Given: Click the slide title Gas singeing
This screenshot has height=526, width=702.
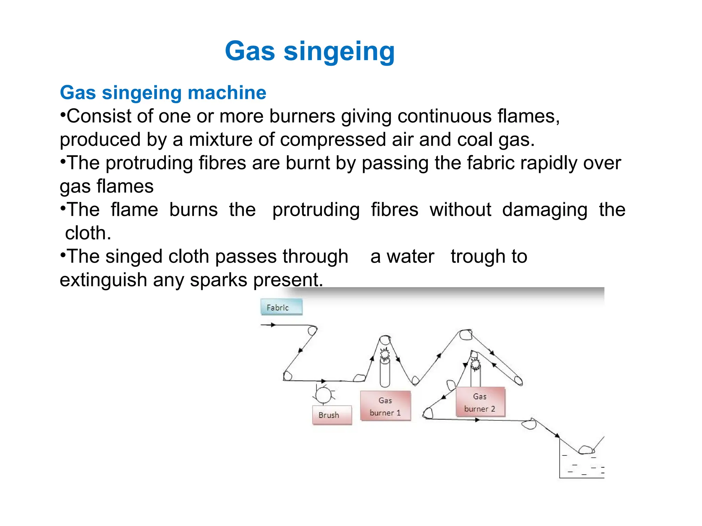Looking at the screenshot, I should click(x=310, y=51).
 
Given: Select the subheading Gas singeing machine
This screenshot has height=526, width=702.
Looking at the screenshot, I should click(x=163, y=93).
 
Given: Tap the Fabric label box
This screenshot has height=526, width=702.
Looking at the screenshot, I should click(x=281, y=307).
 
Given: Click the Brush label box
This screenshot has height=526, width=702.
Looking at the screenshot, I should click(x=332, y=415).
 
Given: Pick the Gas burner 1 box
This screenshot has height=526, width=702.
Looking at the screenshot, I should click(x=385, y=406).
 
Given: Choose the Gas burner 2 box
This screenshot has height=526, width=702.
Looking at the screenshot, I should click(x=480, y=402).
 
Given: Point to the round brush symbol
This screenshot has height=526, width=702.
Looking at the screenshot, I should click(x=323, y=394).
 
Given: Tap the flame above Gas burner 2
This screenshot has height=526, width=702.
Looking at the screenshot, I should click(x=475, y=364).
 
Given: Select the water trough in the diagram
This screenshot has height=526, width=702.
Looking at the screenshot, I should click(x=581, y=464).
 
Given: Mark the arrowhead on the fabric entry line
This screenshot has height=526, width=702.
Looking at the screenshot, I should click(x=273, y=325).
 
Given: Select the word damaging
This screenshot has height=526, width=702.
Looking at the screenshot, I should click(x=545, y=210).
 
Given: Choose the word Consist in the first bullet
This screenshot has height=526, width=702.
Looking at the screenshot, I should click(x=99, y=116).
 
